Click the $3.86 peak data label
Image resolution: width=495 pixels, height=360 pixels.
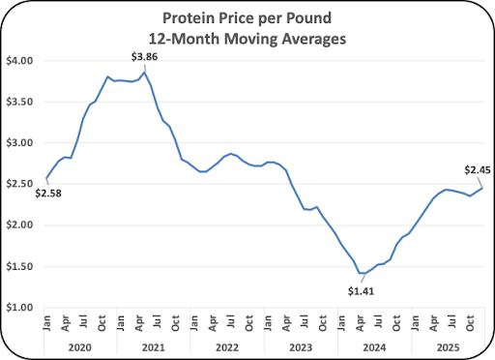[x=144, y=57]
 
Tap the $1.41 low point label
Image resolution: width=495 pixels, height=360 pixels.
[x=361, y=291]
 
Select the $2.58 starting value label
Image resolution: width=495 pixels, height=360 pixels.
[x=48, y=194]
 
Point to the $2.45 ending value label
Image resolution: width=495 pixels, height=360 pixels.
[x=478, y=170]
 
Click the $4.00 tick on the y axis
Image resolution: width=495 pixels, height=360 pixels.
[x=19, y=61]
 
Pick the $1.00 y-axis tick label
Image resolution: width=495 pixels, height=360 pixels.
[x=19, y=308]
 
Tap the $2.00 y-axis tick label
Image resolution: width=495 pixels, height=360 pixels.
[x=19, y=225]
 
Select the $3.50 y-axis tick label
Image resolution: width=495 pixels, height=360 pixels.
[x=19, y=102]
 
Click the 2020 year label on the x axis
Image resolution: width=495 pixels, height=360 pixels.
[x=80, y=347]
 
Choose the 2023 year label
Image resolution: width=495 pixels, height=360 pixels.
[x=301, y=347]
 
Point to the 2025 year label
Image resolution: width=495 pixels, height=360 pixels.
[x=448, y=347]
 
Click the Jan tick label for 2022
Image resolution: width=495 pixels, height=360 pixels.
[x=194, y=323]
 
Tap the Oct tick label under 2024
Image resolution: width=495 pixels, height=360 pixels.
[x=396, y=323]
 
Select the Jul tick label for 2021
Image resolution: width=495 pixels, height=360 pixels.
[x=157, y=321]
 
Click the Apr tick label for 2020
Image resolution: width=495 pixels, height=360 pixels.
[x=66, y=323]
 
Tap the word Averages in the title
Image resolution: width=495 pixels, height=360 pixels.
[x=314, y=39]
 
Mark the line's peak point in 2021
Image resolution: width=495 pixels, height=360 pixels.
[x=145, y=73]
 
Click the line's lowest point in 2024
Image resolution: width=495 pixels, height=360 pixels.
[x=360, y=273]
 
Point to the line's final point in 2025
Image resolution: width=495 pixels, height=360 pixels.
[x=482, y=188]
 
